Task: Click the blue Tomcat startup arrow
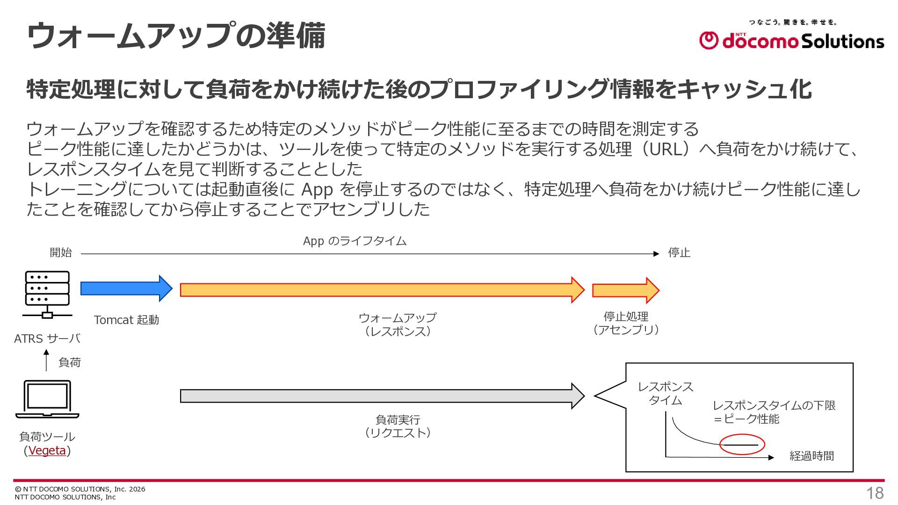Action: [x=126, y=289]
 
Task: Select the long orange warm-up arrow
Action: [x=382, y=290]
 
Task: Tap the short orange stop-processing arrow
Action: [x=626, y=290]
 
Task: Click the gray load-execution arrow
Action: [x=382, y=396]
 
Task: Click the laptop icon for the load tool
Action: [x=47, y=399]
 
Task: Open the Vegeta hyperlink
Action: [x=47, y=451]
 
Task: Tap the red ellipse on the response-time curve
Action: [x=742, y=445]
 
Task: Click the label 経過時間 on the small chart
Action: [x=811, y=456]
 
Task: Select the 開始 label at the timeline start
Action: [x=61, y=252]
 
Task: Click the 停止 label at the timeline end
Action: [x=679, y=252]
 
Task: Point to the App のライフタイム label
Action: [x=355, y=241]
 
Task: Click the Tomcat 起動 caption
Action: [x=126, y=320]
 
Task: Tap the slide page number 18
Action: [x=875, y=493]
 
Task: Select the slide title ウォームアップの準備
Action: [x=176, y=36]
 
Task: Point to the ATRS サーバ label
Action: [x=47, y=339]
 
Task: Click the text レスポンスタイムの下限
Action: [x=774, y=405]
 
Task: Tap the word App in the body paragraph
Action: [x=317, y=190]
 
